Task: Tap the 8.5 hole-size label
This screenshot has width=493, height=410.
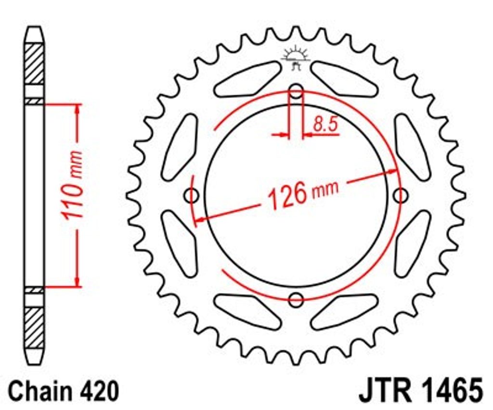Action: click(x=325, y=124)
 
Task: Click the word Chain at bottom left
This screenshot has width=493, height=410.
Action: click(x=37, y=391)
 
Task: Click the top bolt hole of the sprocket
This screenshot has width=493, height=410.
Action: click(x=296, y=92)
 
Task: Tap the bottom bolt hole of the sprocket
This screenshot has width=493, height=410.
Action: click(x=296, y=300)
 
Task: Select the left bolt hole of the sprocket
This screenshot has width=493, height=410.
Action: click(x=191, y=196)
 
